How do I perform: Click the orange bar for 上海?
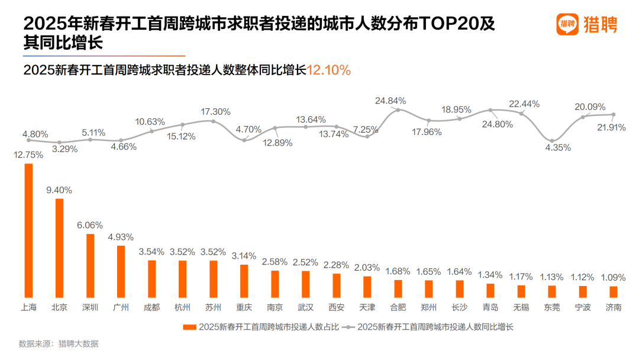tap(28, 230)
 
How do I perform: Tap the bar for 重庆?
tap(244, 281)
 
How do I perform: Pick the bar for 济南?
tap(613, 291)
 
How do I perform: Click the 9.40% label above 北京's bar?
tap(59, 190)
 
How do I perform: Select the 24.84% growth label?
tap(390, 101)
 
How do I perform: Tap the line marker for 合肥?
tap(398, 110)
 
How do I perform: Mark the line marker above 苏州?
tap(214, 121)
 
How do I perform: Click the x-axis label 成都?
tap(151, 307)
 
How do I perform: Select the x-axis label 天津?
tap(367, 307)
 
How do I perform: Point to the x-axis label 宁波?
tap(582, 307)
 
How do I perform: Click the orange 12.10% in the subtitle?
tap(329, 70)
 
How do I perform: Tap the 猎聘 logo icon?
tap(567, 24)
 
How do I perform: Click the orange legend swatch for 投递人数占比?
tap(189, 326)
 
